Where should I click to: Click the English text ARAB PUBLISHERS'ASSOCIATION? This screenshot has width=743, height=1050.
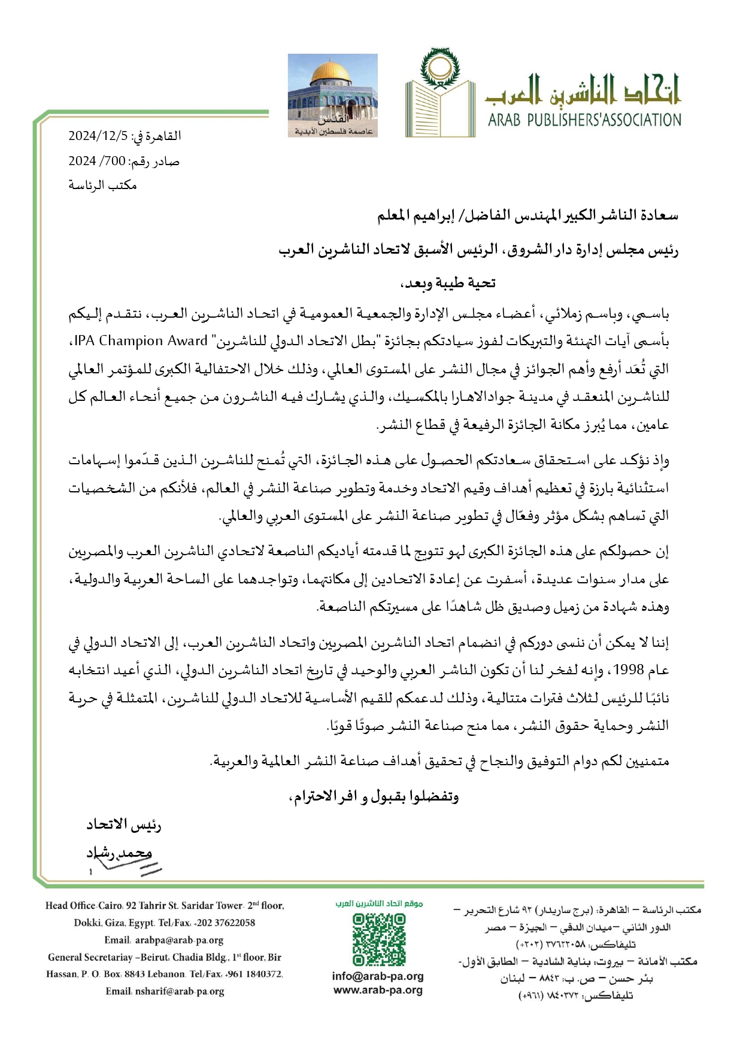pyautogui.click(x=584, y=120)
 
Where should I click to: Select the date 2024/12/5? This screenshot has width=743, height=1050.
pyautogui.click(x=98, y=136)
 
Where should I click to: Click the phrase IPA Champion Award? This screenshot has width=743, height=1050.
pyautogui.click(x=141, y=341)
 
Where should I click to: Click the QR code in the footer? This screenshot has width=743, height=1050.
pyautogui.click(x=378, y=939)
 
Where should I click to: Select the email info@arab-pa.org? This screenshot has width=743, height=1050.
pyautogui.click(x=378, y=976)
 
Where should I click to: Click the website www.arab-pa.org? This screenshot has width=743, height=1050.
pyautogui.click(x=378, y=990)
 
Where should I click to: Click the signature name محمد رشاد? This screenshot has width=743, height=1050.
pyautogui.click(x=120, y=853)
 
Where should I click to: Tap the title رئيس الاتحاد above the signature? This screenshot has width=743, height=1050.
pyautogui.click(x=123, y=825)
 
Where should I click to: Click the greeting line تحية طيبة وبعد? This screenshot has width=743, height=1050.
pyautogui.click(x=448, y=283)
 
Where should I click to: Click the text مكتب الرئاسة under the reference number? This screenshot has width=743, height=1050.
pyautogui.click(x=102, y=185)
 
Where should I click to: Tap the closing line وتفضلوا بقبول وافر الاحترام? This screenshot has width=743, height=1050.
pyautogui.click(x=374, y=796)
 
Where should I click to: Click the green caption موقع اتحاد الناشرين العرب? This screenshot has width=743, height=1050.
pyautogui.click(x=379, y=903)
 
